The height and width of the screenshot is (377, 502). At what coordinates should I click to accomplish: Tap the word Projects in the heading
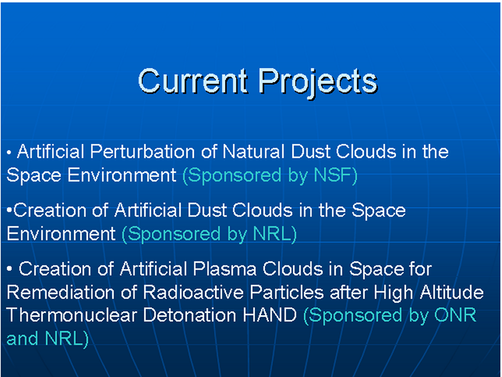(318, 84)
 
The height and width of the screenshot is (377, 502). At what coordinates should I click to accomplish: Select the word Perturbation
(142, 151)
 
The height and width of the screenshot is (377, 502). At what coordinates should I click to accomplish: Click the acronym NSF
(333, 175)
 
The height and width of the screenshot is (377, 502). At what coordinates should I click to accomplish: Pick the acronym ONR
(456, 315)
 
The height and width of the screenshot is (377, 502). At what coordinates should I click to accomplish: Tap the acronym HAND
(270, 315)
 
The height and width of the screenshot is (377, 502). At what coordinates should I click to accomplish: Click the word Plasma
(225, 269)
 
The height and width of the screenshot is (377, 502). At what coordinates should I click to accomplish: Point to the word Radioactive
(193, 292)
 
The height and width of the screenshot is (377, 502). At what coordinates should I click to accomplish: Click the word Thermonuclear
(72, 315)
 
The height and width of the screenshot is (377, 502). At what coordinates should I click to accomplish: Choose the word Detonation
(190, 315)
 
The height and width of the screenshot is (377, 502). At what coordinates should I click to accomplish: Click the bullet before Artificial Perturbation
(9, 153)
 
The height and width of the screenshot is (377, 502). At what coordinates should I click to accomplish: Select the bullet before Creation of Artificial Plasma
(9, 269)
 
